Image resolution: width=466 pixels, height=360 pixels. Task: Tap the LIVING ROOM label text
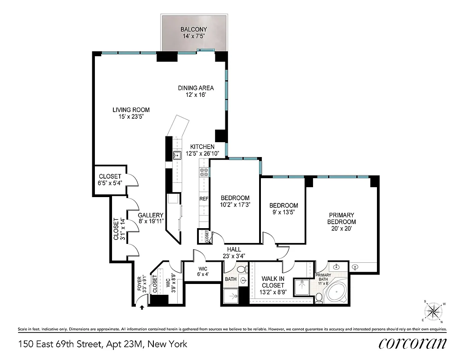tap(131, 110)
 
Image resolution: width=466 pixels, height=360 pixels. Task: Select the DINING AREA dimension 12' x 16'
tap(195, 95)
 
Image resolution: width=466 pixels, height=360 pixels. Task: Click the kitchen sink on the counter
tap(178, 156)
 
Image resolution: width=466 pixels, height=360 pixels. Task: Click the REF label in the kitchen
tap(204, 198)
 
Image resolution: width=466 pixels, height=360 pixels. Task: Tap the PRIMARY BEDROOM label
tap(341, 218)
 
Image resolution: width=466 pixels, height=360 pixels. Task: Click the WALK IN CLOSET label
tap(273, 282)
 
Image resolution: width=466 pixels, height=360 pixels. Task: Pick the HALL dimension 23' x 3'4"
tap(233, 256)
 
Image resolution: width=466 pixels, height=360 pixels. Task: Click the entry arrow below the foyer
tap(142, 307)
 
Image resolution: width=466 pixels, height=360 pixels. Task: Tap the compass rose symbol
tap(433, 311)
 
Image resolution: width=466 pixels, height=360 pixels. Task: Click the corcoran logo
tap(412, 343)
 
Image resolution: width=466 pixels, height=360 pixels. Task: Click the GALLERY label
tap(150, 215)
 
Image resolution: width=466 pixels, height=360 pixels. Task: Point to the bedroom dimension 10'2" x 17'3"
tap(235, 204)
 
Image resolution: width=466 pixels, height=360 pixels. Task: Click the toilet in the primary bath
tap(319, 297)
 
